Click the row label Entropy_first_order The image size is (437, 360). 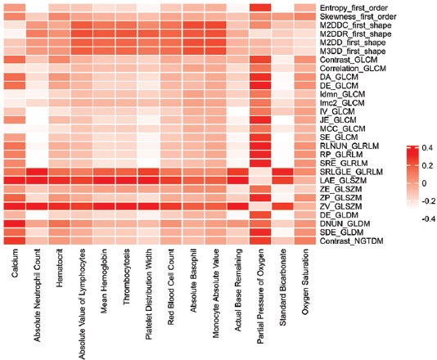click(x=354, y=8)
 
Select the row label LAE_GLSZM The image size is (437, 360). click(x=343, y=181)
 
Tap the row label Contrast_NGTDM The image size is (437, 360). click(x=351, y=241)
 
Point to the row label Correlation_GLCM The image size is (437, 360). click(x=353, y=68)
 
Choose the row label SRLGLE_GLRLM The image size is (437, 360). click(x=351, y=172)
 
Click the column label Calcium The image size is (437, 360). click(x=15, y=263)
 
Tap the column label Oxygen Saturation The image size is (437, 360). click(x=305, y=281)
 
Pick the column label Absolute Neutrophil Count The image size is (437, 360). click(x=37, y=295)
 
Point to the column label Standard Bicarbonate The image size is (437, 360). click(x=282, y=287)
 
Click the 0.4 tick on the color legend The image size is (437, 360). click(x=427, y=147)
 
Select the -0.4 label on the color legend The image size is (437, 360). click(x=428, y=219)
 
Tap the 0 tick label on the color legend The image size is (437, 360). click(x=424, y=183)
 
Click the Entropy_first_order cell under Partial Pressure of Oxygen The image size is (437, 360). click(x=260, y=8)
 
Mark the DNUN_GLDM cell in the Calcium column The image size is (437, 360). click(x=15, y=223)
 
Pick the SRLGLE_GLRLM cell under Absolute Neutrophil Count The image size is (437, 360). click(x=37, y=172)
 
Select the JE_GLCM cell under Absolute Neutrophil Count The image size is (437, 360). click(x=37, y=120)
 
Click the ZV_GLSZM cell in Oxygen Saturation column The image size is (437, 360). click(x=305, y=206)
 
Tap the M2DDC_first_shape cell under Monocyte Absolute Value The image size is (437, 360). click(x=216, y=25)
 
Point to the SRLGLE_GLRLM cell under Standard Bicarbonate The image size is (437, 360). click(x=282, y=172)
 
